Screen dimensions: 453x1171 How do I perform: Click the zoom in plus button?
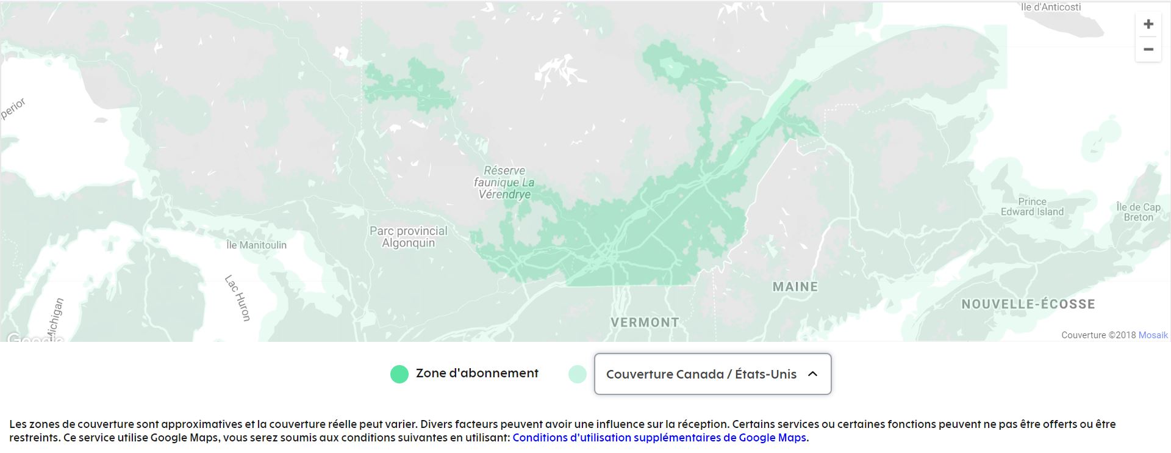click(x=1148, y=24)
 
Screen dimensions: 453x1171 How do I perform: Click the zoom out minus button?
click(x=1148, y=49)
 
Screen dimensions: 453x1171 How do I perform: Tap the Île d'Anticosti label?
click(x=1051, y=7)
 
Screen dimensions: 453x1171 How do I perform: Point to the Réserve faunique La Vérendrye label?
click(x=504, y=183)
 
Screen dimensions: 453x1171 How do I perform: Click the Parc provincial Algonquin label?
click(x=409, y=237)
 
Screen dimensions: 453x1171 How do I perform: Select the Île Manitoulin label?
click(x=256, y=245)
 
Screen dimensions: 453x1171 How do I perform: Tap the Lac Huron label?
click(x=238, y=298)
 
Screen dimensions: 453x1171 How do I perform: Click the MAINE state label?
click(x=795, y=286)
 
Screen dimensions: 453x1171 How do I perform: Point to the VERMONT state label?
click(x=645, y=322)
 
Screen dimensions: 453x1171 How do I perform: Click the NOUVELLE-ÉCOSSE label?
click(x=1028, y=304)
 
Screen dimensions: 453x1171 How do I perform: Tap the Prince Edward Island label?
click(x=1032, y=207)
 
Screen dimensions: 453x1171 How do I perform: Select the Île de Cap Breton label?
click(x=1138, y=212)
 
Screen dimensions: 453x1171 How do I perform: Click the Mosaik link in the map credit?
click(x=1153, y=335)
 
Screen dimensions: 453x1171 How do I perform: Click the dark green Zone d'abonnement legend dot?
click(x=399, y=374)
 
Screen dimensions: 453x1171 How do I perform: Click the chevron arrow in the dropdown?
click(x=812, y=374)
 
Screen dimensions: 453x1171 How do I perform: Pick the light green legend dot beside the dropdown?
click(x=577, y=374)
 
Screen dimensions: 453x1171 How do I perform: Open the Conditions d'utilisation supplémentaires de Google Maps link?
click(x=659, y=438)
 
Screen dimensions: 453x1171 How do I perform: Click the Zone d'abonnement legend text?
click(x=477, y=374)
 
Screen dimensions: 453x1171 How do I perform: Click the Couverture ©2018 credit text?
click(x=1098, y=335)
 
